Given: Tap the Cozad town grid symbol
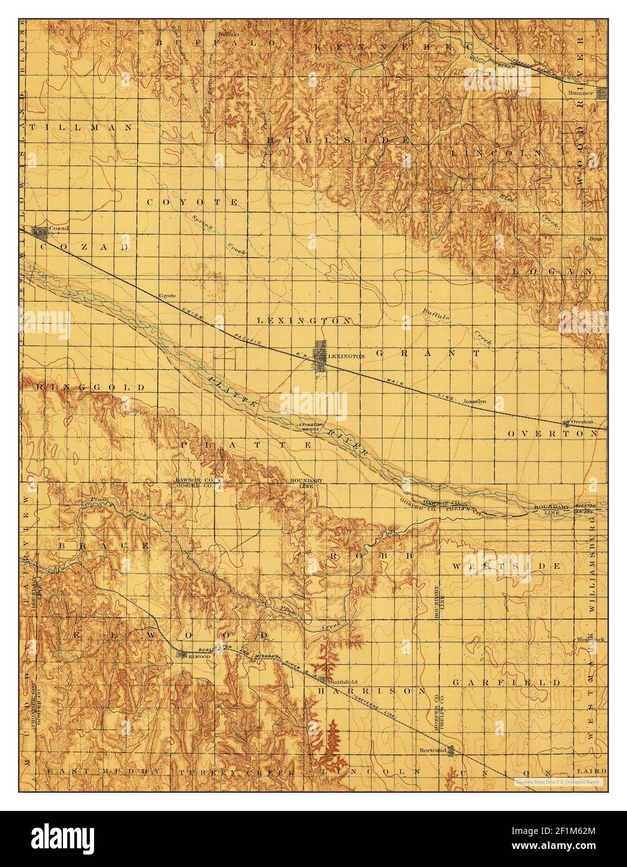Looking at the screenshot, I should coord(41,234).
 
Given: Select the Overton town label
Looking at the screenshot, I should coord(582,422).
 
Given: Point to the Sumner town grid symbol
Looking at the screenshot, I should coord(602,94).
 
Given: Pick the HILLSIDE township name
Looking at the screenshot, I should coord(338,140).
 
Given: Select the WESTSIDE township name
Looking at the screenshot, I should coord(507,566).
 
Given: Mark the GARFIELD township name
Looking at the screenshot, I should coord(507,683).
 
